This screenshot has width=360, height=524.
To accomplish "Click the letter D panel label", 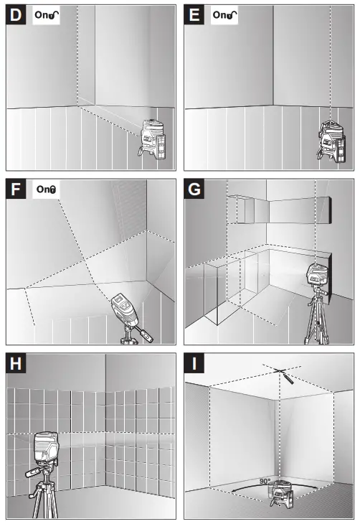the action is click(x=16, y=15).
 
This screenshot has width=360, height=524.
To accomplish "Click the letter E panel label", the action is click(x=194, y=15).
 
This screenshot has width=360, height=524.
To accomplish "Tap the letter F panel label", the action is click(x=16, y=190).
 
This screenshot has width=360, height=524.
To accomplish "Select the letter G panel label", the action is click(x=194, y=190).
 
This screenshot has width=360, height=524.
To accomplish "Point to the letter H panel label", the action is click(x=16, y=363).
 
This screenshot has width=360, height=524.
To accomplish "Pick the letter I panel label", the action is click(x=194, y=363).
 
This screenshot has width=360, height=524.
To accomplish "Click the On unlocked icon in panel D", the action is click(x=47, y=15).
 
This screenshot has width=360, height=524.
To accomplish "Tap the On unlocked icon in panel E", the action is click(x=224, y=15).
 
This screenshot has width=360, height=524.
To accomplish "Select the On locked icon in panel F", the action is click(x=46, y=190).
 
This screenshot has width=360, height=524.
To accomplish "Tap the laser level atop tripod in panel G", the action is click(x=318, y=276).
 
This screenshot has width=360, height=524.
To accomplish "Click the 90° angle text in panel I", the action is click(x=265, y=481).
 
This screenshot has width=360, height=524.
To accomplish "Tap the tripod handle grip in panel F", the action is click(x=146, y=335).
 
